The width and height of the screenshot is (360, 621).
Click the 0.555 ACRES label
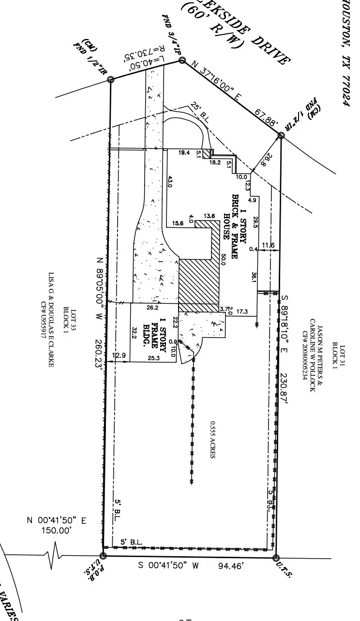pos(212,440)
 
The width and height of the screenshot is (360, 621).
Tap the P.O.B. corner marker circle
pos(103,556)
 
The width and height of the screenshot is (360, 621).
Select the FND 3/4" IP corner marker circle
pos(182,60)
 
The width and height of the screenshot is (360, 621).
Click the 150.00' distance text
pos(56,531)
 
